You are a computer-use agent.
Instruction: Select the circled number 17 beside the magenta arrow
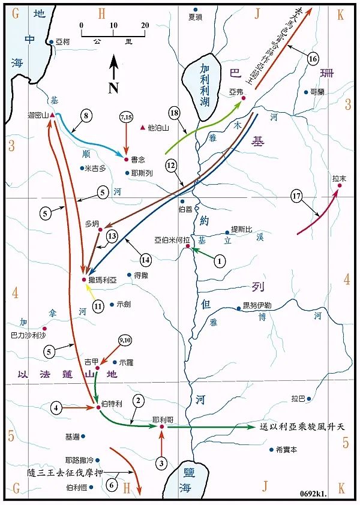[x=295, y=196]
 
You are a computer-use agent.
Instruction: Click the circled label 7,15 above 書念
[x=126, y=118]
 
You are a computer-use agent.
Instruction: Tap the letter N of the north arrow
[x=113, y=88]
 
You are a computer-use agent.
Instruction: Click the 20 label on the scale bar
[x=144, y=25]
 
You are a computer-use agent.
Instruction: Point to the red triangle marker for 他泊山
[x=142, y=128]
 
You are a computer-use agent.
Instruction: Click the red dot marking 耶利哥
[x=161, y=427]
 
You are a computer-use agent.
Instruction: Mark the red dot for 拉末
[x=339, y=186]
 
